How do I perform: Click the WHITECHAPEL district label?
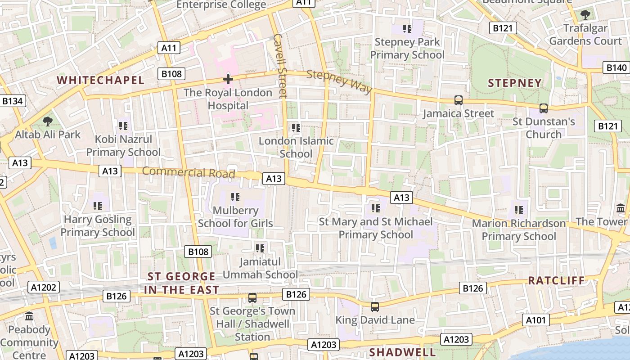point(100,81)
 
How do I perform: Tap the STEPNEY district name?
point(515,83)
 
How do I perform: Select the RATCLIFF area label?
point(556,281)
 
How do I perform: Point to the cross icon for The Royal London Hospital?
point(228,80)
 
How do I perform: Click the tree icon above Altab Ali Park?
point(47,121)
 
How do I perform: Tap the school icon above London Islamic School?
point(296,128)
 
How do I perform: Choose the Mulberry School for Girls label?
point(235,216)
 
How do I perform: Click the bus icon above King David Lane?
point(375,307)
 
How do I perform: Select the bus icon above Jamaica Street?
point(458,100)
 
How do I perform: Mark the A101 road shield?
point(536,320)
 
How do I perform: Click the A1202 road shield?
point(44,287)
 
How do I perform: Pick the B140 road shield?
point(616,68)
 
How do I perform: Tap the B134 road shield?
point(12,101)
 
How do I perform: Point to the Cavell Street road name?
point(280,66)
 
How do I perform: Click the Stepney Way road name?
point(340,81)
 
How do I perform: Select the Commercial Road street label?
point(189,172)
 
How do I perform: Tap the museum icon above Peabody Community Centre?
point(30,316)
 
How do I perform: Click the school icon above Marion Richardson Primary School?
point(518,210)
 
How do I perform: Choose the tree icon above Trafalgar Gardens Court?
point(585,15)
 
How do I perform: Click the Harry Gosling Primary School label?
point(98,226)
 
